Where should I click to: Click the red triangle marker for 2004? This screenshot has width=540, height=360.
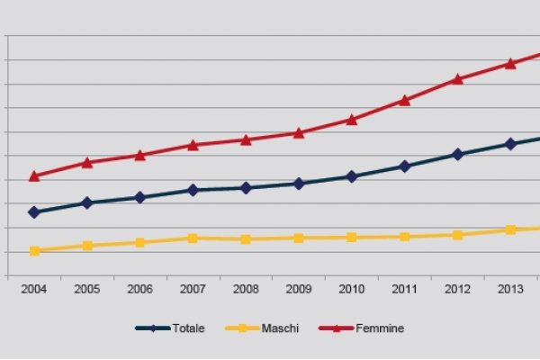[34, 176]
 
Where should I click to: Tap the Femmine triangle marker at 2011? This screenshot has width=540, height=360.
[404, 100]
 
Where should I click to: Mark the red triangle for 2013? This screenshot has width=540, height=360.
[510, 63]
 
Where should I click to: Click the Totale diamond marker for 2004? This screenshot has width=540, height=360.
[34, 212]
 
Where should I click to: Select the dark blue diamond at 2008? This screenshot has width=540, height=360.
[246, 187]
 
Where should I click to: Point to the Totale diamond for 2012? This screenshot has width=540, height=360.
[457, 154]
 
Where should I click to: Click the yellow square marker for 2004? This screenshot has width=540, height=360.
[34, 251]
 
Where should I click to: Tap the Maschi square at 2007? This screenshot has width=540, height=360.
[193, 238]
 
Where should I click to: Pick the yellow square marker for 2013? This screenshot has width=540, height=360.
[510, 229]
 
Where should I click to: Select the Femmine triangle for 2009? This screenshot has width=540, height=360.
[299, 132]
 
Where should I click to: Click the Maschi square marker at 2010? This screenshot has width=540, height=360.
[351, 237]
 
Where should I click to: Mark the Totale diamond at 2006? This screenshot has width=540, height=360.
[139, 197]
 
